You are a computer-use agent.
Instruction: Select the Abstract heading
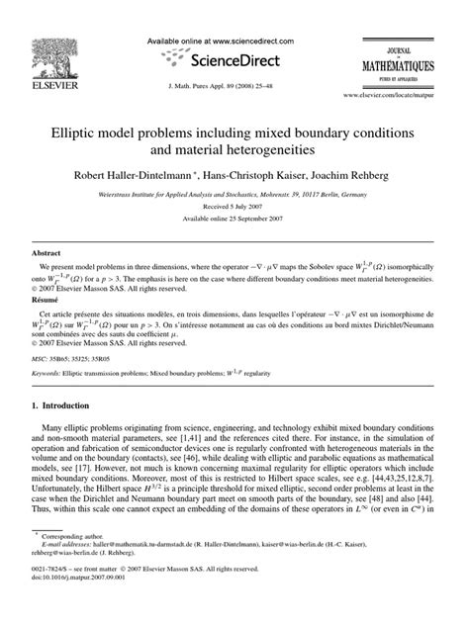click(x=41, y=253)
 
